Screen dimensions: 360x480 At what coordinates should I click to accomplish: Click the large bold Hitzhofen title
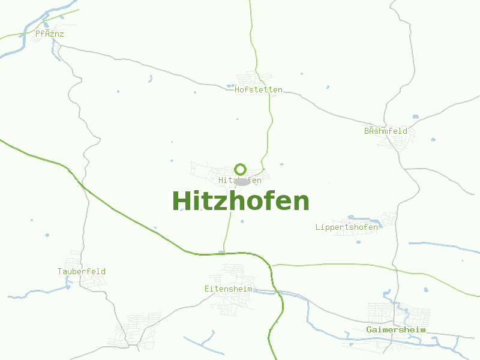(x=241, y=202)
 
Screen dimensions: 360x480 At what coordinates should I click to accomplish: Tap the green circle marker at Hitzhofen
(x=241, y=169)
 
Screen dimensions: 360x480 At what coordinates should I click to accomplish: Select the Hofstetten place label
(x=259, y=90)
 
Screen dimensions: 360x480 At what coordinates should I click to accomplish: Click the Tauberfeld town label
(x=82, y=272)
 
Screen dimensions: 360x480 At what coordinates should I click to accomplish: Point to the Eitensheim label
(x=228, y=289)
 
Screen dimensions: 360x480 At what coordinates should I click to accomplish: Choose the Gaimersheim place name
(x=395, y=330)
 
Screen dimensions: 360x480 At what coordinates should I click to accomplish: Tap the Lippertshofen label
(x=347, y=227)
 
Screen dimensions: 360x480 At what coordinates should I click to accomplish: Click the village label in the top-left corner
(x=49, y=34)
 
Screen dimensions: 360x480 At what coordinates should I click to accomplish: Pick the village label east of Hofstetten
(x=386, y=131)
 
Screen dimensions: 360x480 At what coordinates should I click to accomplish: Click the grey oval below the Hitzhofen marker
(x=242, y=181)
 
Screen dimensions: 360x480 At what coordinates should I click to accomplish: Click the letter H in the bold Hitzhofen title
(x=182, y=202)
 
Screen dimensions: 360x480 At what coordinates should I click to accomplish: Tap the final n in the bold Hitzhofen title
(x=301, y=203)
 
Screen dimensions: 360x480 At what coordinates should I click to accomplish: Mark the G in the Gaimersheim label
(x=369, y=330)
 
